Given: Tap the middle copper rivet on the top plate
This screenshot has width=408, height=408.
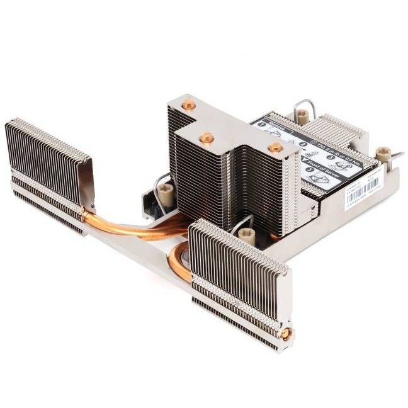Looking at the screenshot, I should tap(205, 138).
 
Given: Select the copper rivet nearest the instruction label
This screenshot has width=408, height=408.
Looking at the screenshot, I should tap(276, 147).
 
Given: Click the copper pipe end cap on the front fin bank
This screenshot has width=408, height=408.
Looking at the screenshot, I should tap(285, 334).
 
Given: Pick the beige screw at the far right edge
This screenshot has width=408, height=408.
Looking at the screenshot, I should tap(382, 153).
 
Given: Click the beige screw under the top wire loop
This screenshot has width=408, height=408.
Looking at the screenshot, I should tap(302, 115).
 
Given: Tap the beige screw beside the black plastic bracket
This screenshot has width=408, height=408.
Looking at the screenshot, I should tap(168, 188).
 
